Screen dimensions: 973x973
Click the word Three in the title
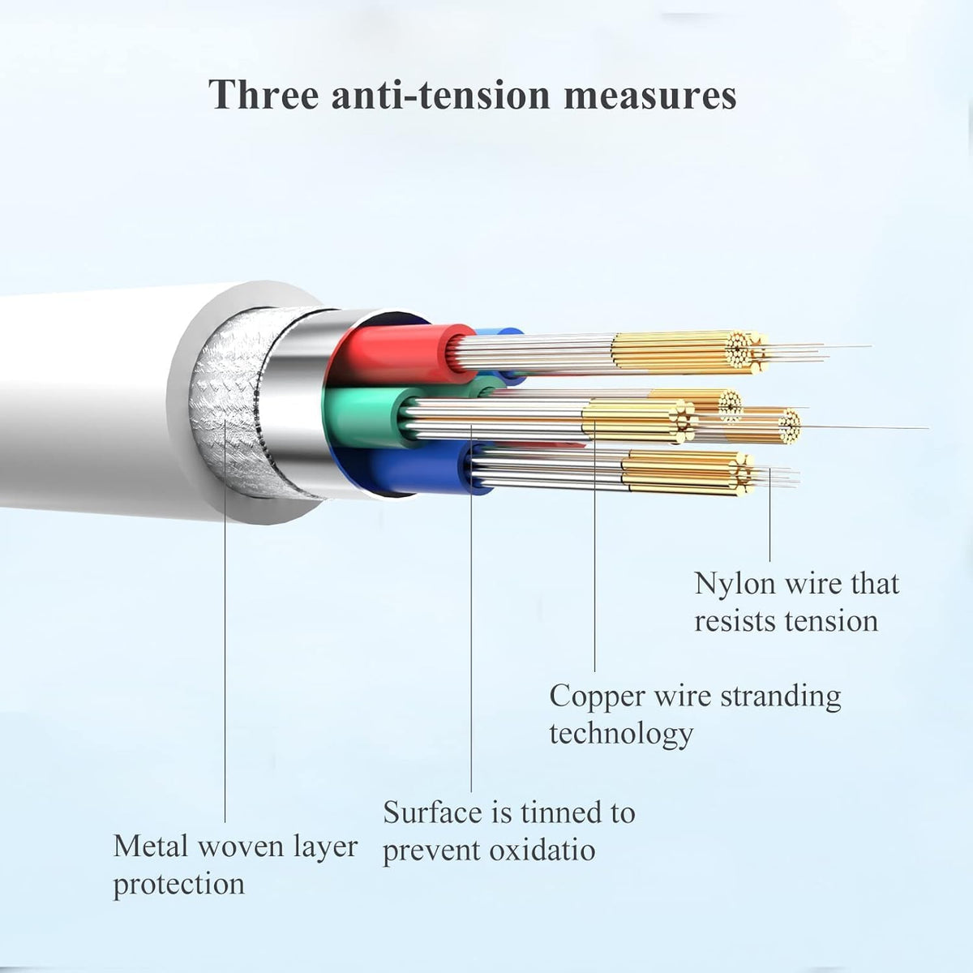pos(264,94)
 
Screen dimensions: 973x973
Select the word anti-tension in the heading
pos(440,96)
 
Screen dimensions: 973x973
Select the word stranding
pos(781,696)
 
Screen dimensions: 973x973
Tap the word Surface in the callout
pos(432,812)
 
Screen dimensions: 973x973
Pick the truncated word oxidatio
pos(542,850)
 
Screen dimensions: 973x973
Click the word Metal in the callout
pos(152,846)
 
